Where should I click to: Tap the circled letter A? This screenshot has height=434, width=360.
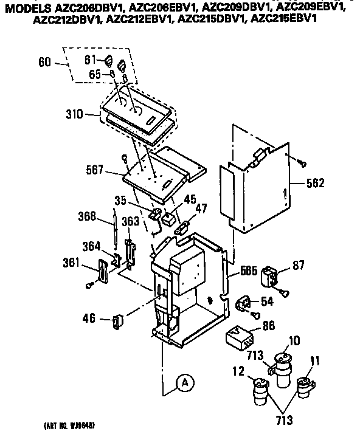185,382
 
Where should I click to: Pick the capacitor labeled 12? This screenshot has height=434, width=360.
259,393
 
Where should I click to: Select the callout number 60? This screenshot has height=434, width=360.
43,63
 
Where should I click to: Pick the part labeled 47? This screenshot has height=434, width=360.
181,228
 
